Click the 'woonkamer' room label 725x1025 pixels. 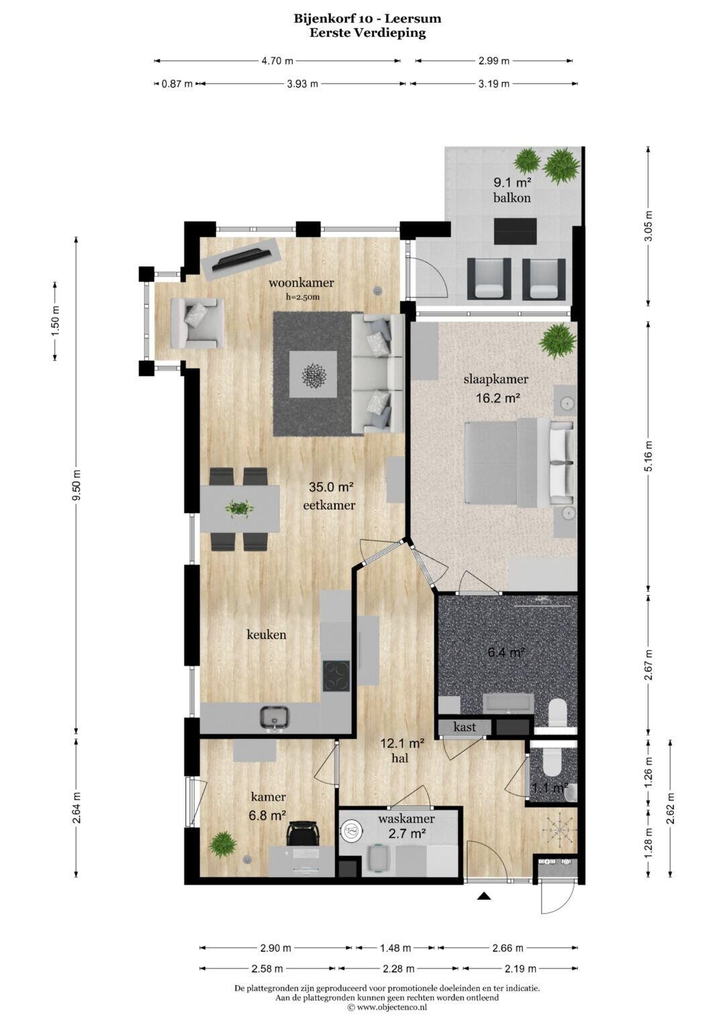click(301, 283)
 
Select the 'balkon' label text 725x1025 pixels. click(512, 197)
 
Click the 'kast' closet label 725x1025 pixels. click(464, 727)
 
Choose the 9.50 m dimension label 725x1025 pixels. click(77, 486)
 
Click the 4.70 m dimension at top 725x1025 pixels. click(277, 60)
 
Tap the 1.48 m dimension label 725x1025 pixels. click(395, 948)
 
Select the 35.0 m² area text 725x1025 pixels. click(332, 487)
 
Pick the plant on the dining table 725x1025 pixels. click(240, 507)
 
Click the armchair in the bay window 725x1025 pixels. click(196, 323)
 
